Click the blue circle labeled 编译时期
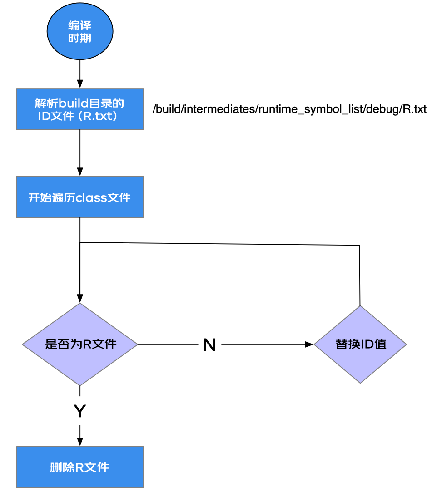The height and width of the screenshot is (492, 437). point(80,31)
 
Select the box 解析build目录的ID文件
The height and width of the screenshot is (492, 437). point(80,109)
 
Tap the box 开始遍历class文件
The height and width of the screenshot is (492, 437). point(80,197)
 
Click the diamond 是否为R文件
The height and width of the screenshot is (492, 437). point(80,344)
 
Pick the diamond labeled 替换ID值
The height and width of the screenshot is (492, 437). point(360,344)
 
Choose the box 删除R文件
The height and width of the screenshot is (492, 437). point(80,467)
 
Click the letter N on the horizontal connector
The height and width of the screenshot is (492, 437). point(209,344)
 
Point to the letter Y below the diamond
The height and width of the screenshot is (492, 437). point(80,411)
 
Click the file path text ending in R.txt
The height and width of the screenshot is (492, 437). point(289,109)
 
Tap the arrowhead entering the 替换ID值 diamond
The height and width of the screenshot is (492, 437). point(309,344)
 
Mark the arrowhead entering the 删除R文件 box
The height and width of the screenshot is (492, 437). point(80,442)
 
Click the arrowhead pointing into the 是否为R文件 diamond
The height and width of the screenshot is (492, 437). point(80,298)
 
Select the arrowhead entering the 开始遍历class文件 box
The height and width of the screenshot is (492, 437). point(80,172)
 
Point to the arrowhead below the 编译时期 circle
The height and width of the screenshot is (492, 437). point(80,84)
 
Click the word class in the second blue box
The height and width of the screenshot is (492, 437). point(91,198)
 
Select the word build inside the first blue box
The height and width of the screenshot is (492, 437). point(74,103)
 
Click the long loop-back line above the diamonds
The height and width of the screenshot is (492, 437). point(220,244)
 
